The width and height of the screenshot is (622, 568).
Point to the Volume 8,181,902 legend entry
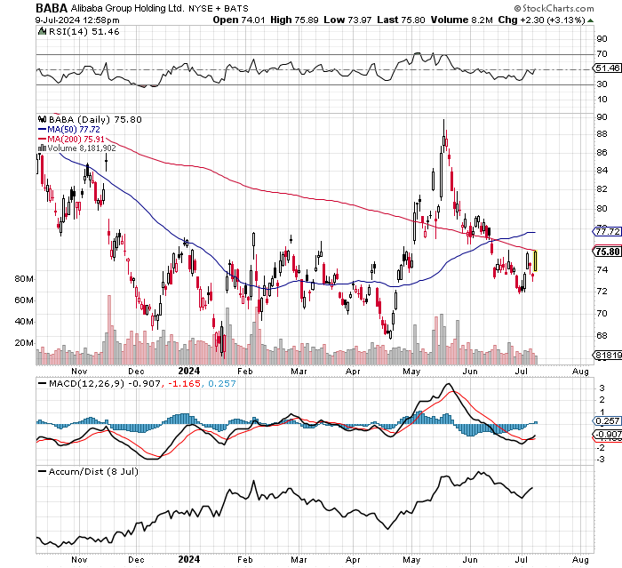pyautogui.click(x=79, y=148)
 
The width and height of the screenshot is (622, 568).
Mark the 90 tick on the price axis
pyautogui.click(x=601, y=116)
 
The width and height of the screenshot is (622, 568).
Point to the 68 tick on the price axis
pyautogui.click(x=601, y=335)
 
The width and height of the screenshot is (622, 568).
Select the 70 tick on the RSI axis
pyautogui.click(x=601, y=53)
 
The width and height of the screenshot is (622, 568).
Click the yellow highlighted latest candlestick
pyautogui.click(x=535, y=260)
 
